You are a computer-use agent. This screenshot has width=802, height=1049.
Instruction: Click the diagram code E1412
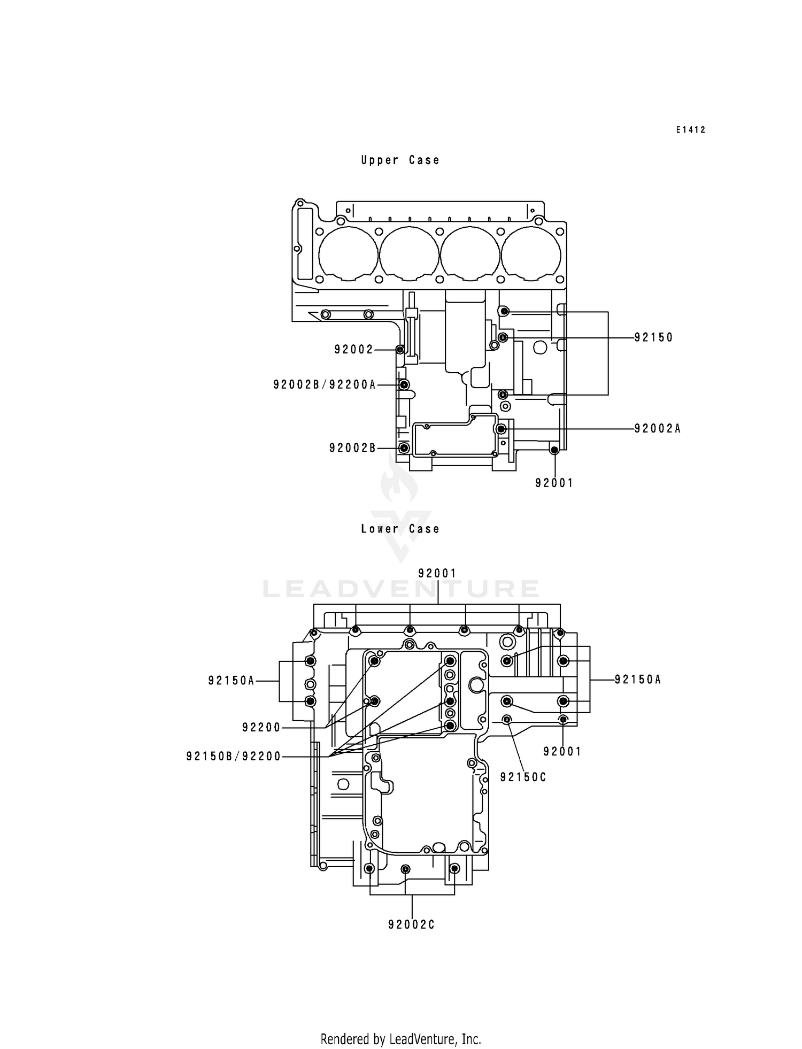690,130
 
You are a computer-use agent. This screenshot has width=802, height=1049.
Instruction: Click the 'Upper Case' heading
400,160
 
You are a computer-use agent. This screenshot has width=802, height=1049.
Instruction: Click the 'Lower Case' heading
400,529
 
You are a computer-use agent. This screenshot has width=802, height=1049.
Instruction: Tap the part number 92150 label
653,337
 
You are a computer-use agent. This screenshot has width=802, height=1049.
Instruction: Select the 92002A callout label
657,428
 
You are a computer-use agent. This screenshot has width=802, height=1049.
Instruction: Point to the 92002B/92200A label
325,384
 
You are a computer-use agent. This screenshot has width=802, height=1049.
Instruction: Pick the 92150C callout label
523,777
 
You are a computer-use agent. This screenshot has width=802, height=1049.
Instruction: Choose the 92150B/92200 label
233,756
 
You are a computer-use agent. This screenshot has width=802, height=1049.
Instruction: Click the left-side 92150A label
231,681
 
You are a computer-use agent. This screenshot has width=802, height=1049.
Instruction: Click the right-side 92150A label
638,680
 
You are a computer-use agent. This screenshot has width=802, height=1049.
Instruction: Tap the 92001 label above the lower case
437,573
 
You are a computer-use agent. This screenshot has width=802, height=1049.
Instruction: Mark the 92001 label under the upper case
554,483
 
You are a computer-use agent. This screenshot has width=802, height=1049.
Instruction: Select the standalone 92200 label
261,727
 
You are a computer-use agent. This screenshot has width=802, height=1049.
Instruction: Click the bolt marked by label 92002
399,350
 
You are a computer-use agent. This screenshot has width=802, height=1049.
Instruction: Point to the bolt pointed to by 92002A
501,429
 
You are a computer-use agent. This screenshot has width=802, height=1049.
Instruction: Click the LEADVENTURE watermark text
401,589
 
